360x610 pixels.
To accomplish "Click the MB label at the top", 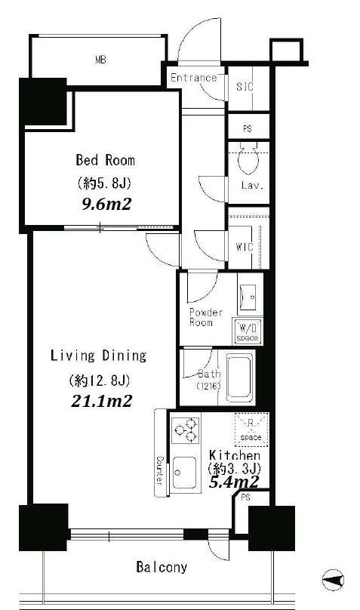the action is [x=100, y=60].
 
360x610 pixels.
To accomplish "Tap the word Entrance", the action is [x=193, y=78].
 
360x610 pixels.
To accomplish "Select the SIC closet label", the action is [x=245, y=86].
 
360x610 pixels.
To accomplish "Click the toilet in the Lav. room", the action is [x=248, y=159].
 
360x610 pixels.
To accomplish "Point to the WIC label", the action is [x=244, y=246].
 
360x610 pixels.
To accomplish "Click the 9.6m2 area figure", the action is [x=106, y=204].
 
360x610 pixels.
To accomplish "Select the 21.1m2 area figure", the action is [x=101, y=401].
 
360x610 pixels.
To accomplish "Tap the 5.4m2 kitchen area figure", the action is [x=234, y=482].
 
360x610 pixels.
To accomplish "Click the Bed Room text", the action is [x=106, y=160].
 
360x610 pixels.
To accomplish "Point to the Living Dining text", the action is [x=99, y=356].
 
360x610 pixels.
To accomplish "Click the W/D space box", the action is [x=248, y=331].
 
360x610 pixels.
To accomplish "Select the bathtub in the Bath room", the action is [x=239, y=377].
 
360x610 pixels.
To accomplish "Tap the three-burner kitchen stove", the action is [x=186, y=430].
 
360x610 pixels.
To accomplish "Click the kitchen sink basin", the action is [x=184, y=473].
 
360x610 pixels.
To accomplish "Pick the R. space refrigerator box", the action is [x=251, y=430].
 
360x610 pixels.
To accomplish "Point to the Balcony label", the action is [x=162, y=567].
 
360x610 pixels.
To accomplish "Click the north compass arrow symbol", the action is [x=334, y=580].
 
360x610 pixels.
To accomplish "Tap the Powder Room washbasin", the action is [x=248, y=297].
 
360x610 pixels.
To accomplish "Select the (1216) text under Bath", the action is [x=209, y=386].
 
